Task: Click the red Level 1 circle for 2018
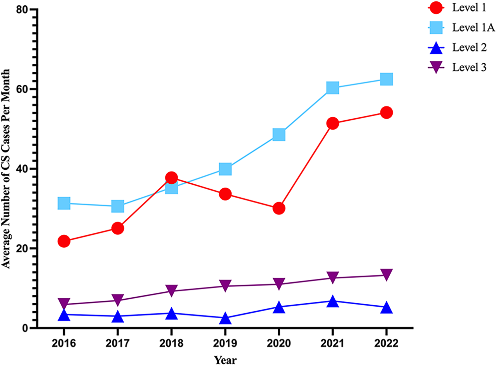point(171,178)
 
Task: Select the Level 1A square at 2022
point(386,79)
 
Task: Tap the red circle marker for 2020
point(279,209)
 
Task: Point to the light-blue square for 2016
point(64,203)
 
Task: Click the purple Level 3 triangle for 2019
point(225,285)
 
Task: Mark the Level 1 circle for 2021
point(333,123)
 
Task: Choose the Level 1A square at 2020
point(279,135)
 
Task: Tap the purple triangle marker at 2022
point(386,274)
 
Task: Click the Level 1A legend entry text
point(473,28)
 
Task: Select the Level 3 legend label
point(469,67)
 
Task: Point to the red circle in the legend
point(436,8)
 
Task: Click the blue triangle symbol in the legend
point(436,48)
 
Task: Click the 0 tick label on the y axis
point(25,328)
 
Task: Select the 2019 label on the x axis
point(225,343)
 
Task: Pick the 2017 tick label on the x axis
point(118,343)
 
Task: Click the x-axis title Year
point(225,360)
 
